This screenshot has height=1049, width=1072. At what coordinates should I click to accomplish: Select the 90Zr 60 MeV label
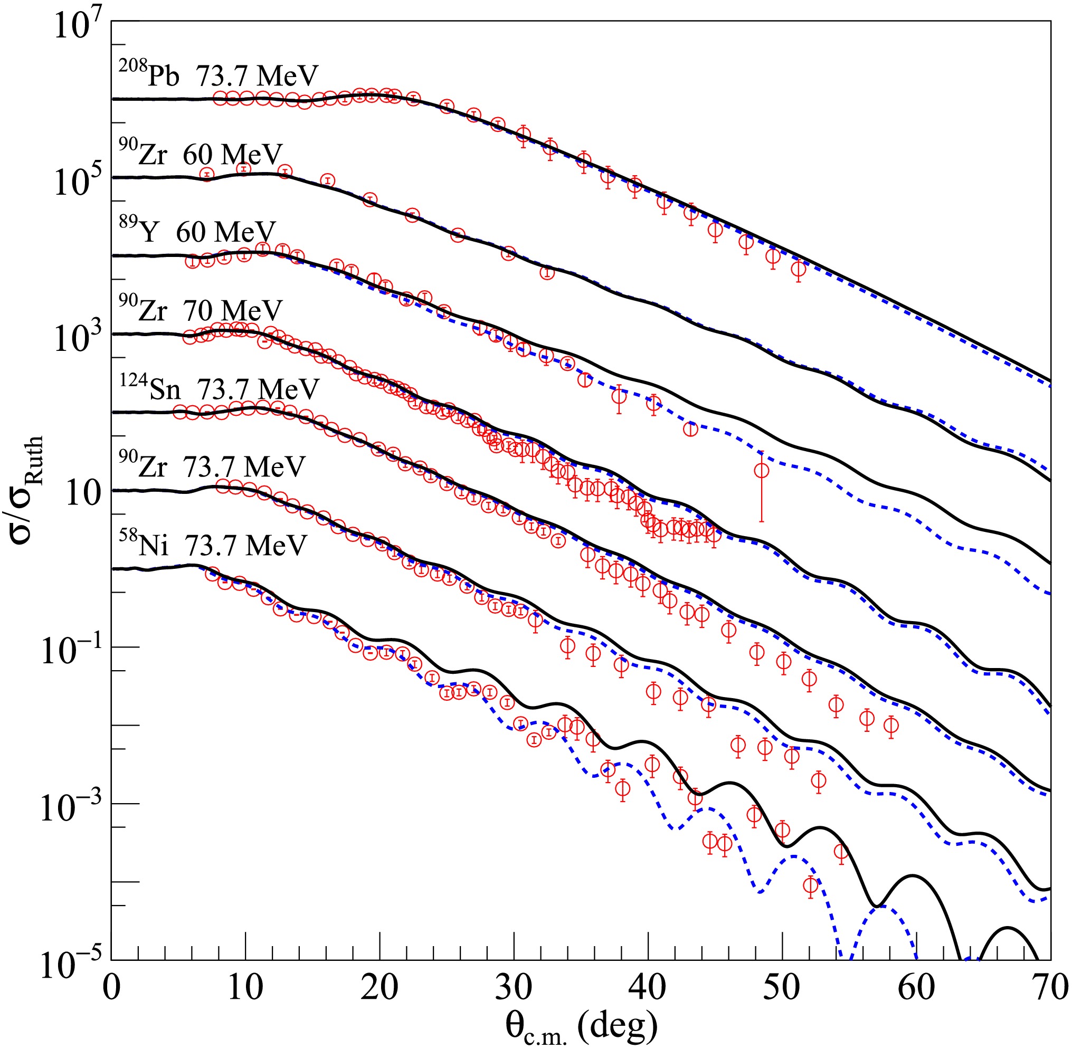(201, 154)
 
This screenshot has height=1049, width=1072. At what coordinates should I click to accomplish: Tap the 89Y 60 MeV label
(197, 232)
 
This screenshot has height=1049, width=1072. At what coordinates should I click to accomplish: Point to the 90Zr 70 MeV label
(201, 311)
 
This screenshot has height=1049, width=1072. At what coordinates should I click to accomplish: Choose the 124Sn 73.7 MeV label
(219, 389)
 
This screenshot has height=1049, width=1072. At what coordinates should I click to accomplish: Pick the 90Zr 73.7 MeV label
(212, 467)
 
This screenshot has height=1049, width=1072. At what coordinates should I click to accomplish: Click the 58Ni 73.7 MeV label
(213, 546)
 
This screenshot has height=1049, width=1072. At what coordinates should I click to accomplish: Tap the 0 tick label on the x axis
(111, 987)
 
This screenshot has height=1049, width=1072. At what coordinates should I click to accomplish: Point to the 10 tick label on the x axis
(245, 987)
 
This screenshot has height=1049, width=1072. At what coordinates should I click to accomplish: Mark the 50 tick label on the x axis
(782, 987)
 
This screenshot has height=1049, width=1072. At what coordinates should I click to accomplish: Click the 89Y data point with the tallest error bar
(761, 471)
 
